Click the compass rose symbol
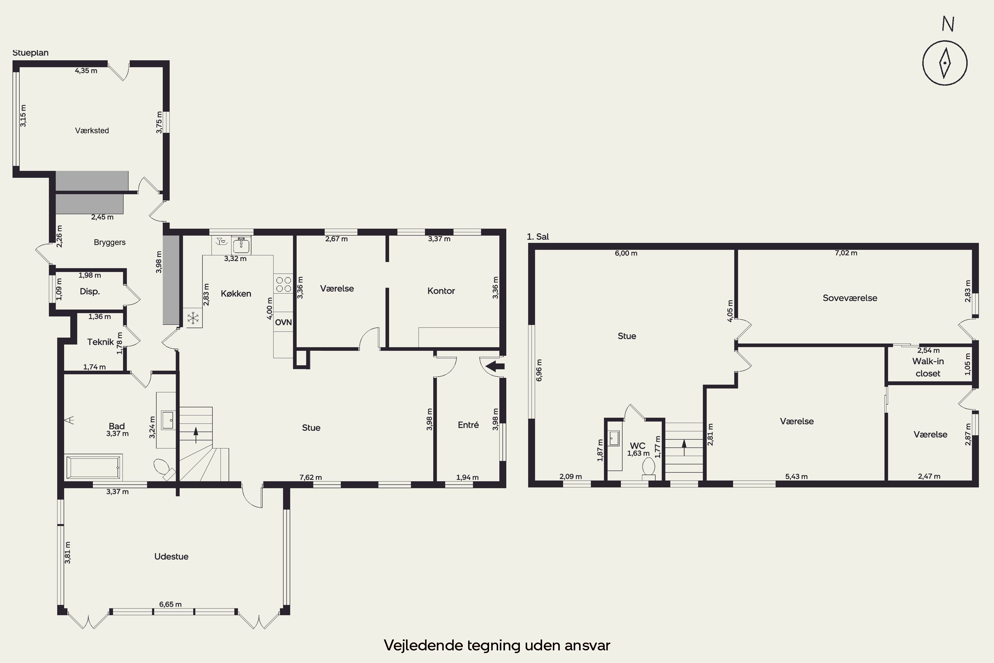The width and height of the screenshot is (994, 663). pos(945,63)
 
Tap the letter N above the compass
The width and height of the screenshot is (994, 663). pos(948,24)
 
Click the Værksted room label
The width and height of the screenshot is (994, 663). pos(92,131)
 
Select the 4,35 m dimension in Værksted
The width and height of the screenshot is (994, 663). pos(86,71)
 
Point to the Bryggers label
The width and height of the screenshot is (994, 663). pos(109,242)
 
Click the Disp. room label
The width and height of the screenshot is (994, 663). pos(89,291)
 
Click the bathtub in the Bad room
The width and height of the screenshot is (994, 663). pos(93,467)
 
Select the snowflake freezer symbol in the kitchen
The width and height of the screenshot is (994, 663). pos(193,318)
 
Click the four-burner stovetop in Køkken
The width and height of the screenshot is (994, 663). pos(284,284)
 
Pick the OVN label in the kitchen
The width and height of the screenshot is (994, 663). pos(283,322)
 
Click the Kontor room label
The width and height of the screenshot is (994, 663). pos(441,291)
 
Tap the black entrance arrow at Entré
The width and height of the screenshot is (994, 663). pos(495,366)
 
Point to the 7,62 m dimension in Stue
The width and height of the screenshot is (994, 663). pos(311,477)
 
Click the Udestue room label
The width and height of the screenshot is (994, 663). pos(171,557)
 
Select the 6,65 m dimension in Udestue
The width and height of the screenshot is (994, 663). pos(170,604)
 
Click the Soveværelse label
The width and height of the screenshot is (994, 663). pos(850,298)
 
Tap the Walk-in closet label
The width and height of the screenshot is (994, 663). pos(928,367)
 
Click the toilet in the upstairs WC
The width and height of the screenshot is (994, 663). pos(648,468)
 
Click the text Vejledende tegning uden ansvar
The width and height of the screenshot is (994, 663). pos(497,645)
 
